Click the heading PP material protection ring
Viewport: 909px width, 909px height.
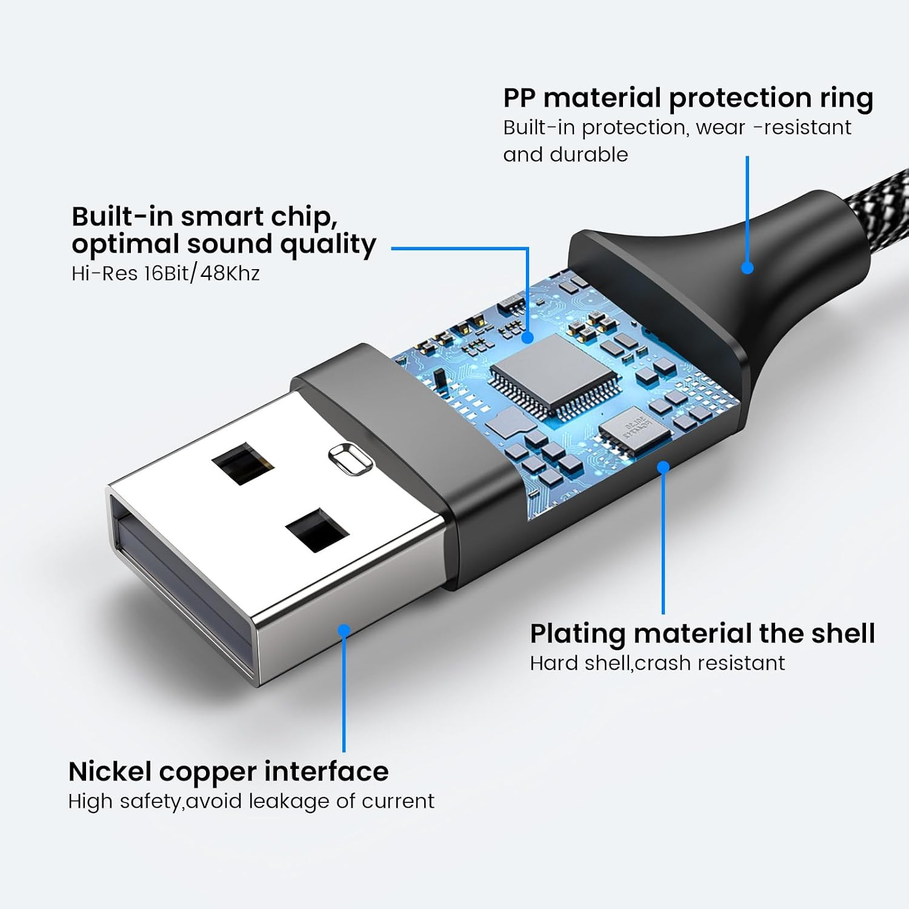coord(688,98)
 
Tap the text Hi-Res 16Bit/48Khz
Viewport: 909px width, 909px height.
coord(165,273)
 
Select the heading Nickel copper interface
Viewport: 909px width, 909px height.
coord(228,771)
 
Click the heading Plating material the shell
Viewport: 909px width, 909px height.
coord(702,634)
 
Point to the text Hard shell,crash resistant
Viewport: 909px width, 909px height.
coord(658,663)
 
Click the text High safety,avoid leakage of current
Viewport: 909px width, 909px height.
coord(251,801)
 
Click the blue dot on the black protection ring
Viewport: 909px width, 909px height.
coord(747,267)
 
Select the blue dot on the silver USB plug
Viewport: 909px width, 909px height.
coord(344,630)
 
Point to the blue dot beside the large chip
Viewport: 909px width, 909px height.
coord(528,337)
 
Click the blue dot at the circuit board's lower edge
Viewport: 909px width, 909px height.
coord(663,467)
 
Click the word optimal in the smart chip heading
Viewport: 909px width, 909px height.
coord(125,245)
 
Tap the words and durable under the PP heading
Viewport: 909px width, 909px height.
coord(565,155)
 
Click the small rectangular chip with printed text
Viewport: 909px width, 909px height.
coord(634,430)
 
